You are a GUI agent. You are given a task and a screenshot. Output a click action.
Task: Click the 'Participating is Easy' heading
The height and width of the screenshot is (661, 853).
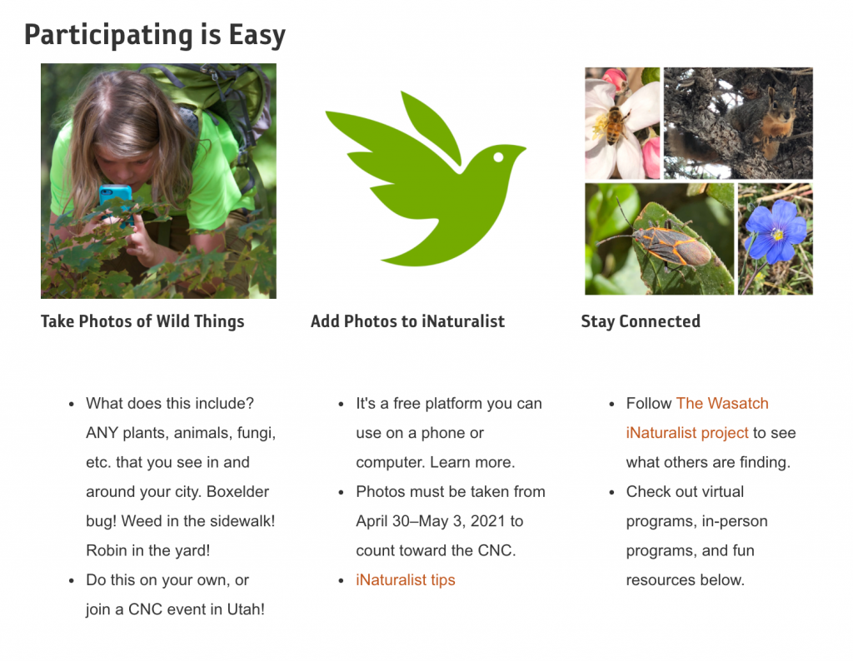155,35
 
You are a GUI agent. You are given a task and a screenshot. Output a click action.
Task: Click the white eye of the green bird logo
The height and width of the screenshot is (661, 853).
498,157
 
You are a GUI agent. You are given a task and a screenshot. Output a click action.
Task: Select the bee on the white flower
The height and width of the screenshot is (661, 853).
614,125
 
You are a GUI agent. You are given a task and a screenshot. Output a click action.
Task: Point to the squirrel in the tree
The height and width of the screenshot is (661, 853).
761,122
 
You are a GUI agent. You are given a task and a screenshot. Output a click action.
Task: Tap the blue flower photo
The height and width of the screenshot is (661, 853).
776,239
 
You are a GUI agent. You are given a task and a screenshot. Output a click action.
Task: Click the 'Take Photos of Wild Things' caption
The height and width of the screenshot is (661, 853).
142,321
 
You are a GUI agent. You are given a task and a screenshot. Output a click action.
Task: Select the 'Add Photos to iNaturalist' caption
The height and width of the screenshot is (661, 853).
407,321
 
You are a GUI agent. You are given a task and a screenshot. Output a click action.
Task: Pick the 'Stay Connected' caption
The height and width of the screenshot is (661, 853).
641,321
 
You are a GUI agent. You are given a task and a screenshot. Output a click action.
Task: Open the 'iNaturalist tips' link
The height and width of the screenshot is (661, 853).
406,580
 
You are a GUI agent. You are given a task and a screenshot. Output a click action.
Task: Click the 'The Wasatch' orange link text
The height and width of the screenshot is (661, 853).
722,403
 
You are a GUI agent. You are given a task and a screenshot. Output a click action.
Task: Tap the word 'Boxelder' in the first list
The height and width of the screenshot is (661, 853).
237,491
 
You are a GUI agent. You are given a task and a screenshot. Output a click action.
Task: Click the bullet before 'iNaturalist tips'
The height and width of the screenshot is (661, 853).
341,581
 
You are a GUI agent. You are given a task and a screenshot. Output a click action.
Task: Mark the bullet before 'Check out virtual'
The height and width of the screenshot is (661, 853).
611,493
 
